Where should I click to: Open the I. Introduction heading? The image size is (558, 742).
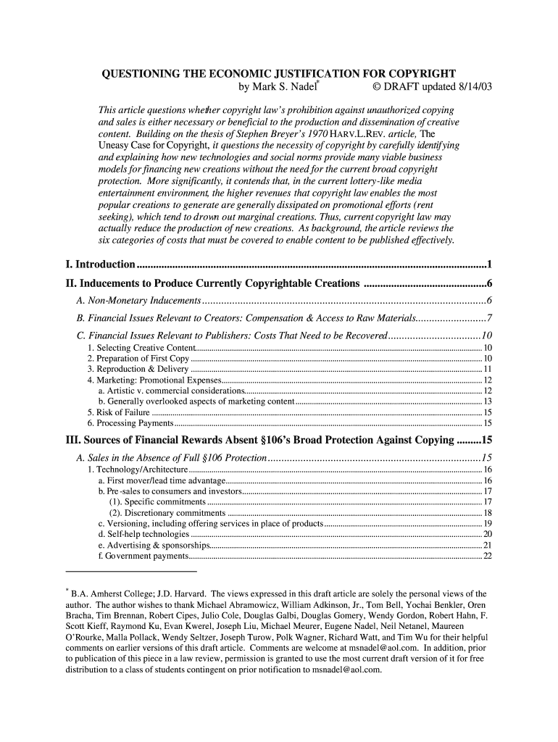pyautogui.click(x=101, y=264)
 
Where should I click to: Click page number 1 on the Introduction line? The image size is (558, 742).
pyautogui.click(x=490, y=264)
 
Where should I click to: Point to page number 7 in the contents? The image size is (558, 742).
pyautogui.click(x=490, y=319)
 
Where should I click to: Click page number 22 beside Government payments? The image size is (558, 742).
pyautogui.click(x=488, y=556)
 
